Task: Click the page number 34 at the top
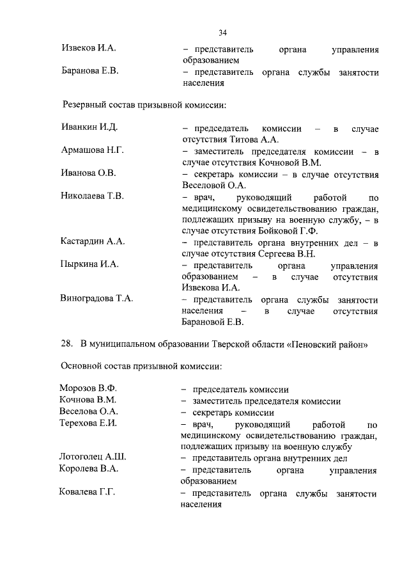pos(222,33)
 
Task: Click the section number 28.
pos(66,344)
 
